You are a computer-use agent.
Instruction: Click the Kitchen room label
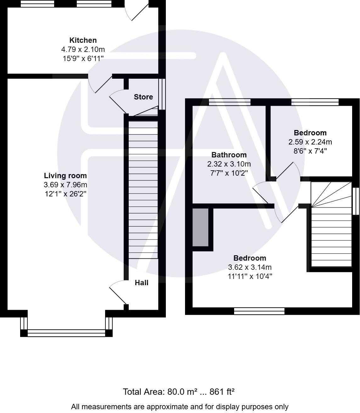click(x=83, y=40)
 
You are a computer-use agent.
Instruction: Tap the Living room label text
click(x=65, y=176)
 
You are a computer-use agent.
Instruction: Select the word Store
click(x=143, y=97)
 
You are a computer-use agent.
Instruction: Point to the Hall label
click(x=142, y=283)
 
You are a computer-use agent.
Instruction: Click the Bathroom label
click(x=229, y=155)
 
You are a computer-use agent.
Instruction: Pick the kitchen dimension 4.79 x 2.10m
click(x=83, y=49)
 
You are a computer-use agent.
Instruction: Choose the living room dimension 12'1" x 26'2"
click(x=65, y=194)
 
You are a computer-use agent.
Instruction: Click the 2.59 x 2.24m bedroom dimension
click(x=310, y=142)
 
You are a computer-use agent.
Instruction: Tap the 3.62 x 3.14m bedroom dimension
click(x=250, y=267)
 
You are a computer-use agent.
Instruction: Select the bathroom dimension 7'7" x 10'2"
click(x=229, y=173)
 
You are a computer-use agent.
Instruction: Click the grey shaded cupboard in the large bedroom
click(x=200, y=227)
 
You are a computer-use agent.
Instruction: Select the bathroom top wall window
click(x=230, y=102)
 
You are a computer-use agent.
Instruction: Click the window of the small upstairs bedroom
click(x=315, y=102)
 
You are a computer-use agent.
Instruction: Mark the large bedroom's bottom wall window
click(x=259, y=311)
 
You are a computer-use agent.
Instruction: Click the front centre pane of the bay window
click(x=66, y=333)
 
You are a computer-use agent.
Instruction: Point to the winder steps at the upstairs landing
click(x=330, y=194)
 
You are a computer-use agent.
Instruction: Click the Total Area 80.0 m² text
click(x=178, y=392)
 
